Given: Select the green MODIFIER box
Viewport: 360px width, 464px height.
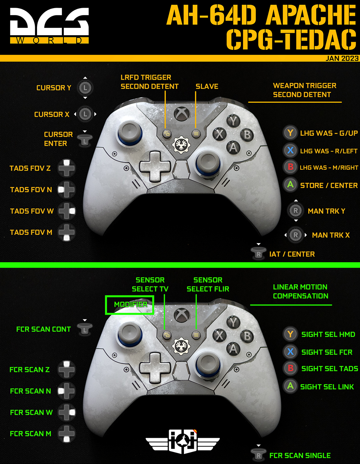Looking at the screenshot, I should [x=130, y=305].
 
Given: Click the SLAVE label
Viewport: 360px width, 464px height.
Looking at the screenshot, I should [x=207, y=86].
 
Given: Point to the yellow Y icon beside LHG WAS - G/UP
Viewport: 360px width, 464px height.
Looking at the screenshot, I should [x=290, y=133].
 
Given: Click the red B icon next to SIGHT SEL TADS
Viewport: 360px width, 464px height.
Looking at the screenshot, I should [x=290, y=368].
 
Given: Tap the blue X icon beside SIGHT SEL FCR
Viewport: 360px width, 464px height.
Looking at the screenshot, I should [x=290, y=352].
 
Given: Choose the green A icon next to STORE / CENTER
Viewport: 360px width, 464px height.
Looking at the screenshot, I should [x=290, y=185].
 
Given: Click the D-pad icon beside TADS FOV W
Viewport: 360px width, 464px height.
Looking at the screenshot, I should [x=67, y=211].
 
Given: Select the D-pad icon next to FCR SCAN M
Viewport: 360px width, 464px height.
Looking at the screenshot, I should [x=67, y=433].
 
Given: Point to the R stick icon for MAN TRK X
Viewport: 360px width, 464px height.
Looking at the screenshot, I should [x=295, y=235].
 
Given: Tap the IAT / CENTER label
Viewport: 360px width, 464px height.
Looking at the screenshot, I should [x=292, y=254].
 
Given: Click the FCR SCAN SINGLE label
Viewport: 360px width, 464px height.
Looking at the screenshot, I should [x=300, y=455].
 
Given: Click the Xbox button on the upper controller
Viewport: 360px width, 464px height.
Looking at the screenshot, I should [x=180, y=114].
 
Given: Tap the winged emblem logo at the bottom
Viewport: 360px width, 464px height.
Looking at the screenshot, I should [x=183, y=441].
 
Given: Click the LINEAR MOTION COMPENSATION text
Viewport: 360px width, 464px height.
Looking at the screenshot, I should [x=300, y=292].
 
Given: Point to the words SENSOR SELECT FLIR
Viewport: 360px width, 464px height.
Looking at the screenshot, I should [x=208, y=284].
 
